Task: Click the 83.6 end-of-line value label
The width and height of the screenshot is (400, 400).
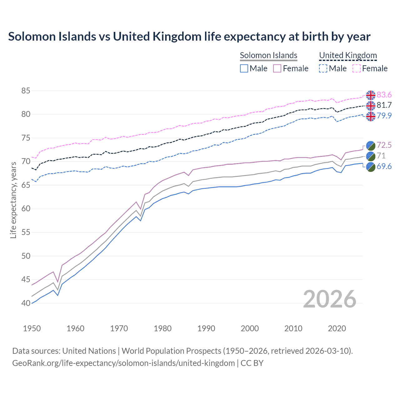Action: [384, 95]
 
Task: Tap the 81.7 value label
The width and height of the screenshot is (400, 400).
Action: [384, 105]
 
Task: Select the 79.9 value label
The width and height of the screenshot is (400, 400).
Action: [384, 116]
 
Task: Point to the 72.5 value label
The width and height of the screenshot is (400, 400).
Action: [384, 145]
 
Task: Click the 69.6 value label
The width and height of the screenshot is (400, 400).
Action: [384, 166]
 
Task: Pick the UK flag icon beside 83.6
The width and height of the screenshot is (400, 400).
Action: [371, 95]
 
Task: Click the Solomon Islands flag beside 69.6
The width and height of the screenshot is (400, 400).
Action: [371, 167]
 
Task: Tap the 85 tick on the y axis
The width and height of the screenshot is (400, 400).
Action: [26, 91]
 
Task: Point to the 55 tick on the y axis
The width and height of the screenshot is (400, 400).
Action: [26, 232]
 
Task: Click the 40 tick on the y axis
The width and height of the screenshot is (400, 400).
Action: [26, 303]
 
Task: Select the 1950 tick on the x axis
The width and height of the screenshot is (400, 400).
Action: [32, 328]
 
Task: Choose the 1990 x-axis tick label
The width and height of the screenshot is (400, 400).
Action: [206, 328]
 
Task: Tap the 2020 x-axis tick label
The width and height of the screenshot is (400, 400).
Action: [337, 328]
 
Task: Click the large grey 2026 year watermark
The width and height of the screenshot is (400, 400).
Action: [329, 299]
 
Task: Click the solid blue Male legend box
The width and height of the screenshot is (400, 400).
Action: [244, 68]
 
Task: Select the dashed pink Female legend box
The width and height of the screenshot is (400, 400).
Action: [356, 68]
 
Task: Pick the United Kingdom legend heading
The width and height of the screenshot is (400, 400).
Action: [348, 55]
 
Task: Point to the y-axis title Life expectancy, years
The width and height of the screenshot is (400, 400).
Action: [13, 200]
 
